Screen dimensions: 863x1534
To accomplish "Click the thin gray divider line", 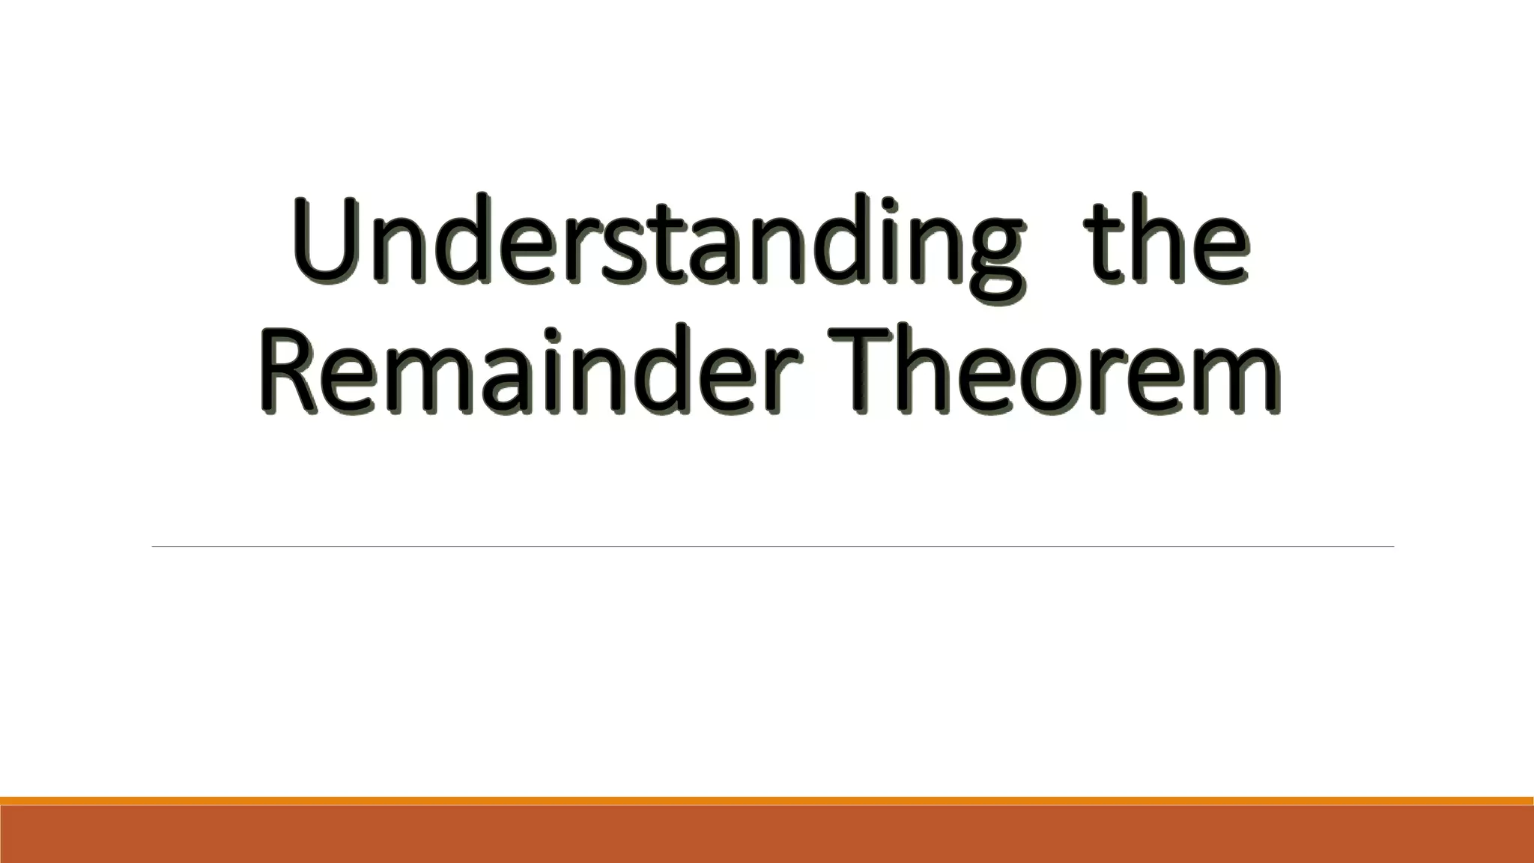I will click(x=771, y=547).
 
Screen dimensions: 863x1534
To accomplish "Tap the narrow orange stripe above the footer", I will click(x=767, y=801).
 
